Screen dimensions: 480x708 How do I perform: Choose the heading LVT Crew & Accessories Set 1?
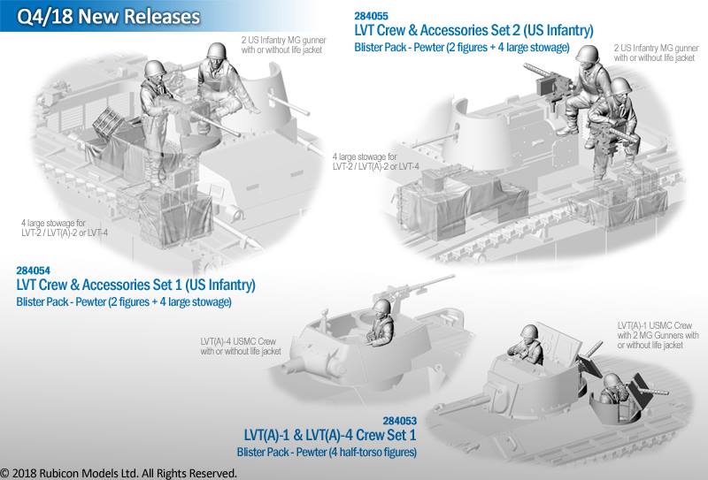click(x=135, y=286)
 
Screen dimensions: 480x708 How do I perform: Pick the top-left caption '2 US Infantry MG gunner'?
click(x=281, y=40)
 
